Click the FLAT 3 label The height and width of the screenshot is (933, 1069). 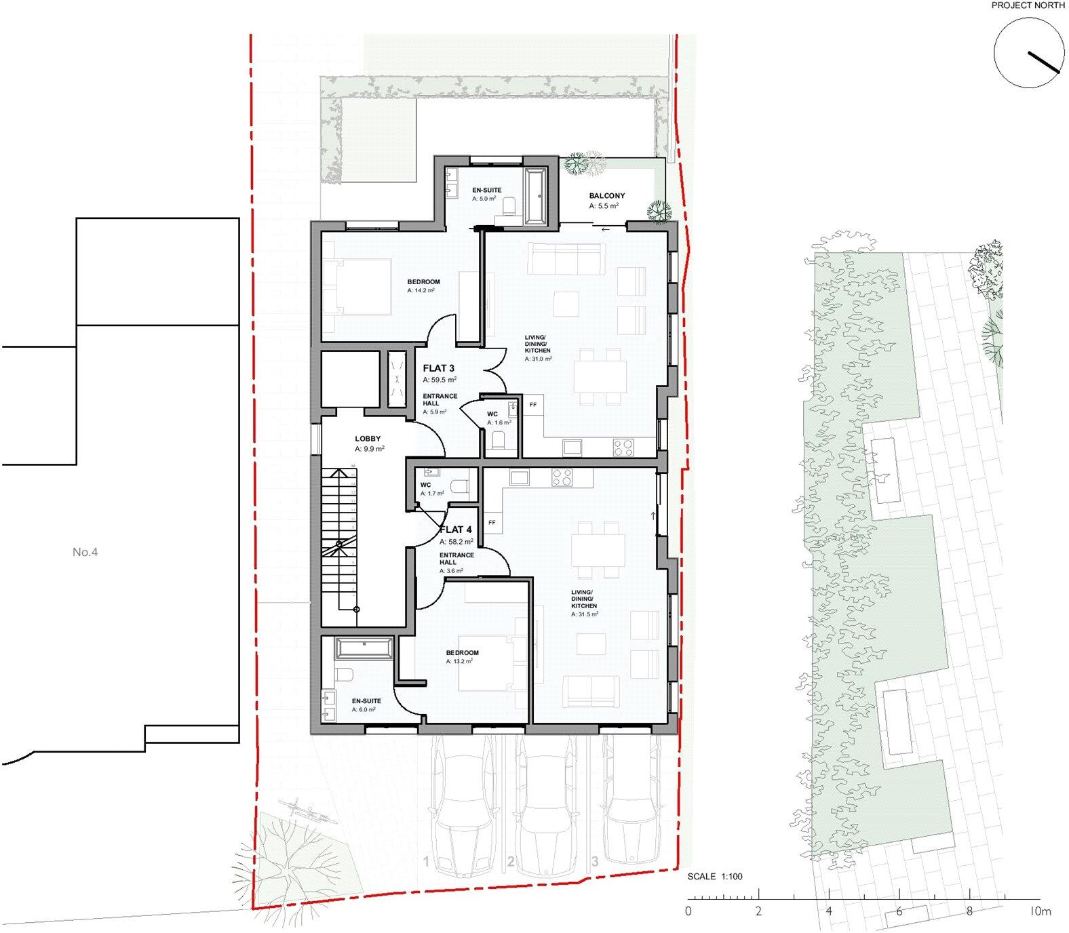tap(438, 368)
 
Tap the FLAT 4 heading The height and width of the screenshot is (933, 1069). tap(456, 530)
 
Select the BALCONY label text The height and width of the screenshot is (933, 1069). tap(607, 196)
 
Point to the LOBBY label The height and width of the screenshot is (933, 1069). tap(368, 439)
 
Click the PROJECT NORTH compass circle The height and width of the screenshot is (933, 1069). tap(1028, 53)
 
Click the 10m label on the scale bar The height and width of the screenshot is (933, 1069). tap(1040, 911)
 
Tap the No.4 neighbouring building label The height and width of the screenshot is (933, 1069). tap(85, 553)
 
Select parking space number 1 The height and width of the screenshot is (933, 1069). tap(427, 862)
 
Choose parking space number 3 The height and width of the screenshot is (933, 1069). tap(595, 862)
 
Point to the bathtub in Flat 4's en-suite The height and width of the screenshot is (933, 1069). tap(364, 648)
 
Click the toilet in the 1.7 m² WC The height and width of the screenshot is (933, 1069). tap(459, 486)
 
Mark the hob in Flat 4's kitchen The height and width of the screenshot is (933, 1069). tap(562, 478)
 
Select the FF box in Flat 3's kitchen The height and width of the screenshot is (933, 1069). tap(533, 405)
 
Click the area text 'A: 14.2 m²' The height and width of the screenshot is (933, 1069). tap(421, 290)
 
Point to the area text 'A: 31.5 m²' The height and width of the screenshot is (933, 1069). tap(584, 614)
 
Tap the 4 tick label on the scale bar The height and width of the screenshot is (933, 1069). tap(829, 911)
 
